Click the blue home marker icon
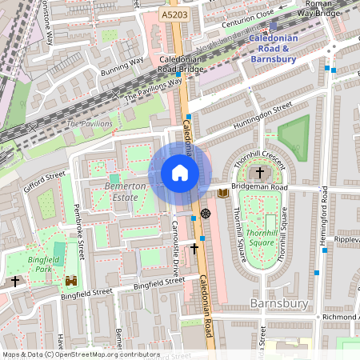tap(180, 173)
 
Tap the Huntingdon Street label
tap(263, 117)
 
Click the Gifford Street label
tap(44, 177)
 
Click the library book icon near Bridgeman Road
tap(222, 193)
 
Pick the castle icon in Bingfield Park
tap(72, 282)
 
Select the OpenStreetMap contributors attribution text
tap(80, 354)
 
